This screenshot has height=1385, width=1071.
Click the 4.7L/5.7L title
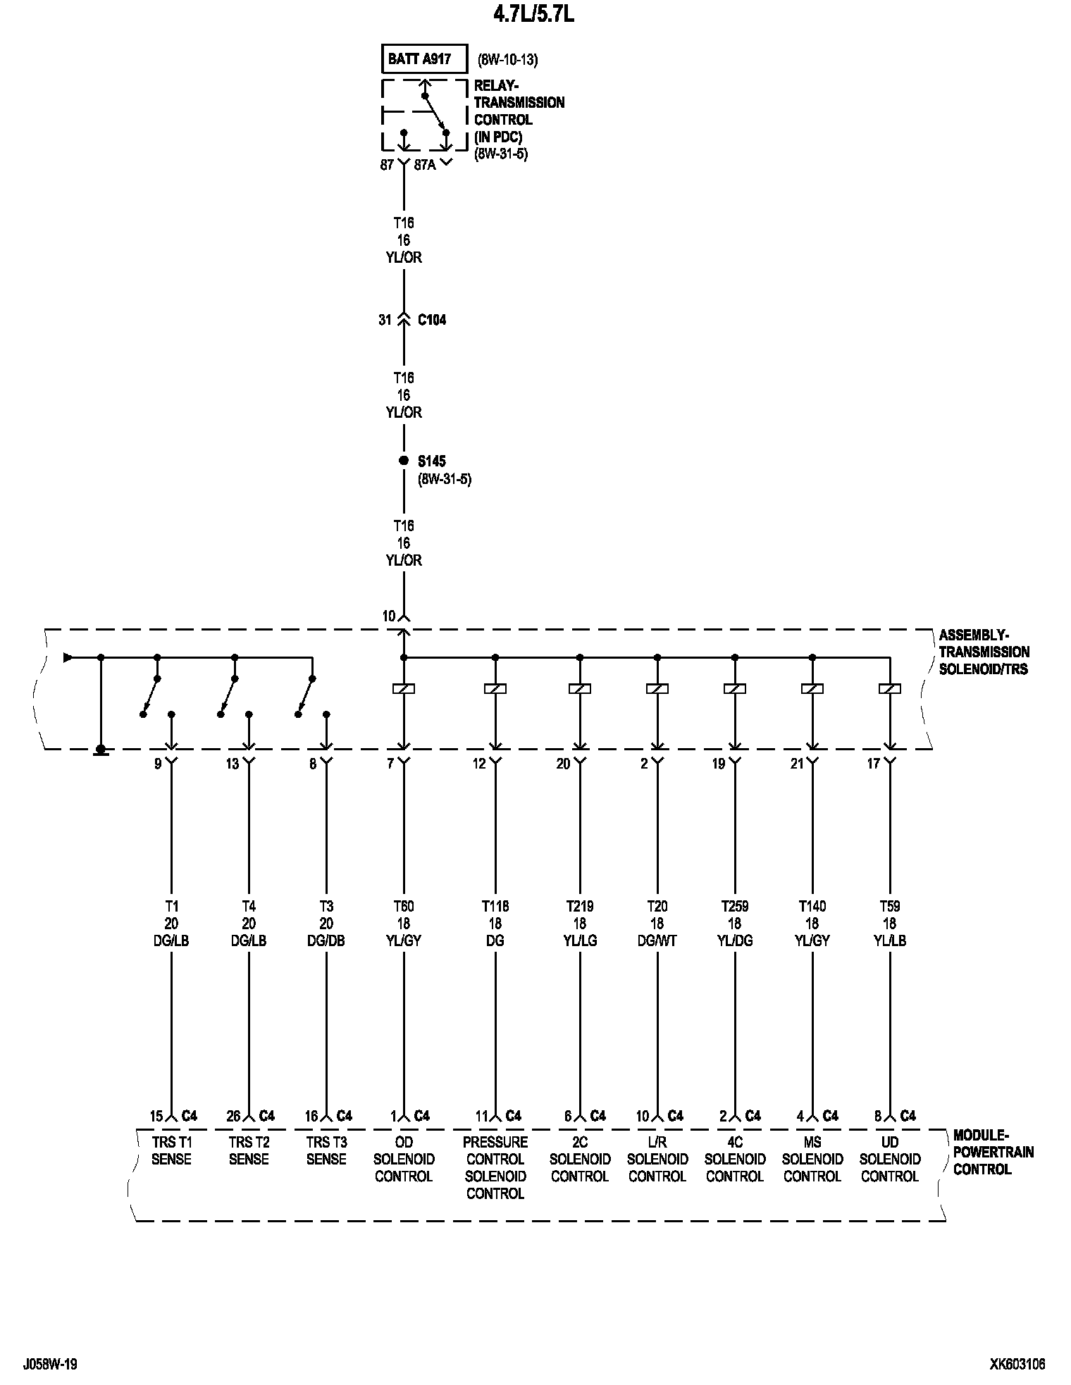[x=533, y=15]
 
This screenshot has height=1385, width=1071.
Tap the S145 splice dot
[x=404, y=461]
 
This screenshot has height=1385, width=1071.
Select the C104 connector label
[x=431, y=320]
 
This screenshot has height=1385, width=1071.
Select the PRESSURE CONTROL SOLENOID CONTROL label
[x=495, y=1167]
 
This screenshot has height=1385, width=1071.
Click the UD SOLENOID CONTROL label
[x=890, y=1159]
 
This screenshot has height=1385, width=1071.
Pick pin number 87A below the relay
[x=425, y=165]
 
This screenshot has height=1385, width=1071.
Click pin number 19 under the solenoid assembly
[x=718, y=764]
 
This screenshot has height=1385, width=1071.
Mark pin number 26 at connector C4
[x=233, y=1116]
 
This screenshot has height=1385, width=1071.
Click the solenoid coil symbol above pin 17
[x=890, y=688]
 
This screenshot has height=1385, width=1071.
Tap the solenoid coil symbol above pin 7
[x=404, y=688]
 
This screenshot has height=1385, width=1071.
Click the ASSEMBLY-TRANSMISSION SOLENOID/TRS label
[x=984, y=652]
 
